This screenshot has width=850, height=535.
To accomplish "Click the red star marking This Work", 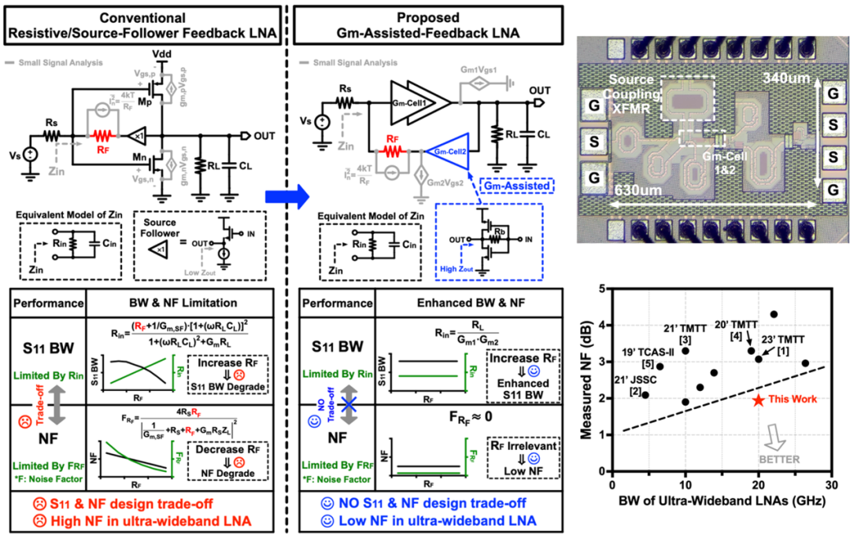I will click(x=758, y=400).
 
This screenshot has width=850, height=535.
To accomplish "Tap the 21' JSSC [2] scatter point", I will click(x=645, y=395).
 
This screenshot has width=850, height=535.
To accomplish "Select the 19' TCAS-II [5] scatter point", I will click(x=660, y=367).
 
